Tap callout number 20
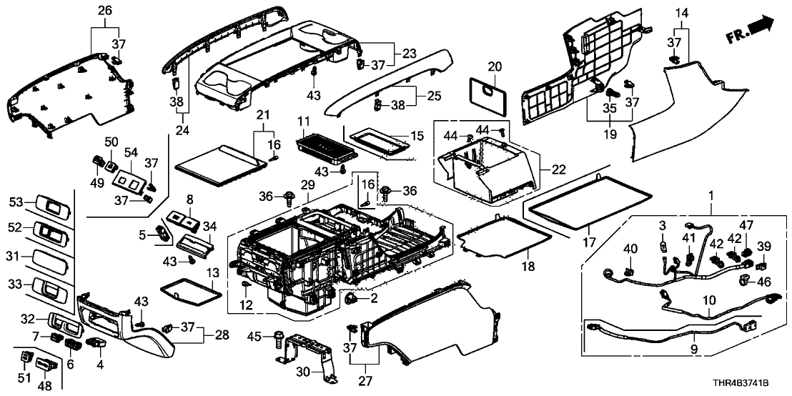pos(494,66)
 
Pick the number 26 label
pos(104,11)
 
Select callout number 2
pos(372,297)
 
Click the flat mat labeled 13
pos(187,294)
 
